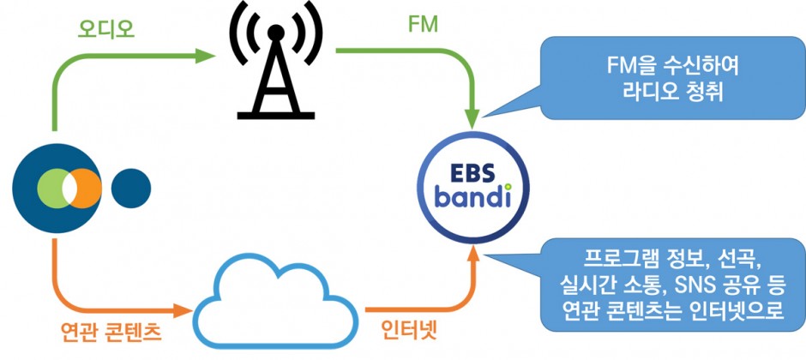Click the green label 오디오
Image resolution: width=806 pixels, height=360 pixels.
click(105, 30)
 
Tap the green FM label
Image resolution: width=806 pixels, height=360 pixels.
click(422, 25)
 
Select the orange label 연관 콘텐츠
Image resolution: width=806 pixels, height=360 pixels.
click(111, 333)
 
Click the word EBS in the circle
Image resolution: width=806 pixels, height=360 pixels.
click(473, 174)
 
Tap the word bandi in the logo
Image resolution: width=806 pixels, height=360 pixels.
click(473, 198)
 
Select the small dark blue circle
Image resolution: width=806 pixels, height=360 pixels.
click(131, 189)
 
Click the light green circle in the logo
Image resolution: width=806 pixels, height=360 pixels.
click(50, 188)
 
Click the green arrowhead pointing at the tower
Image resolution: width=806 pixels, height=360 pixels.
click(205, 56)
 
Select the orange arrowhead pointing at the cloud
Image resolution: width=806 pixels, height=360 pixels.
click(183, 310)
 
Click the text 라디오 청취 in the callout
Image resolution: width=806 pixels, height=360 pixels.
click(673, 93)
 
